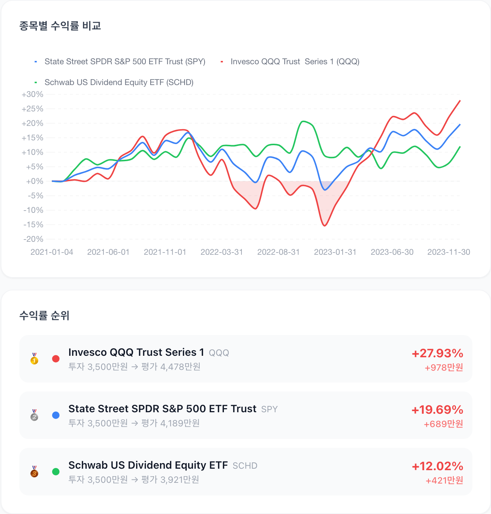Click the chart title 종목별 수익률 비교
pos(60,26)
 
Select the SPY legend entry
pos(120,61)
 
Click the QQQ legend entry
pos(290,61)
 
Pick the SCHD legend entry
pos(114,82)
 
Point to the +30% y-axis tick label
pos(32,94)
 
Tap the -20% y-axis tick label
pos(33,239)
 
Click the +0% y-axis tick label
pos(35,181)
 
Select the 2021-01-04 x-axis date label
pos(52,252)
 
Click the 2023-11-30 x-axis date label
pos(449,252)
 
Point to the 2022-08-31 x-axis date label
pos(278,252)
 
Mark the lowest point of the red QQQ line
pos(325,226)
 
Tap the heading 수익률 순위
pos(44,315)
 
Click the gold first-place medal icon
pos(34,359)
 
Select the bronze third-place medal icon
pos(34,472)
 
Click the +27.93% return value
pos(437,353)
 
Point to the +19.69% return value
pos(437,410)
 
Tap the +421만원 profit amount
pos(445,480)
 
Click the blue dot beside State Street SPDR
pos(56,415)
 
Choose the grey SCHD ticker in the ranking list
pos(245,466)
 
